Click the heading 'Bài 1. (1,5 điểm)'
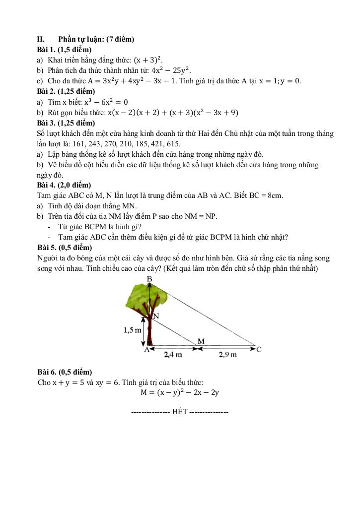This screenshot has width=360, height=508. pos(65,50)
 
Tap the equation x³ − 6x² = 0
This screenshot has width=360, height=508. pos(106,102)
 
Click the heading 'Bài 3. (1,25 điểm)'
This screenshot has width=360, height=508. pos(66,123)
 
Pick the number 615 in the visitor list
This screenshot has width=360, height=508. pos(172,144)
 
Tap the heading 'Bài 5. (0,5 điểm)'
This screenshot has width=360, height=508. pos(65,247)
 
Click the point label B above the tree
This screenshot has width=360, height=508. pos(149,279)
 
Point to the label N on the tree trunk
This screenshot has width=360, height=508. pos(156,316)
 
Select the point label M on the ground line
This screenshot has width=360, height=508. pos(201,341)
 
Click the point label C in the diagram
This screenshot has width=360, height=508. pos(259,349)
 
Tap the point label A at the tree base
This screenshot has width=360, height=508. pos(146,349)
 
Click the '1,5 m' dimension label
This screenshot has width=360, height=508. pos(133,329)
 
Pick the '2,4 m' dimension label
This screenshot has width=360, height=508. pos(173,355)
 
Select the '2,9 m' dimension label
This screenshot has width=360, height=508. pos(227,355)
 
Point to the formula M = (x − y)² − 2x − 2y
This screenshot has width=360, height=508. pos(180,392)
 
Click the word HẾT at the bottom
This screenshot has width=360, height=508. pos(180,413)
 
